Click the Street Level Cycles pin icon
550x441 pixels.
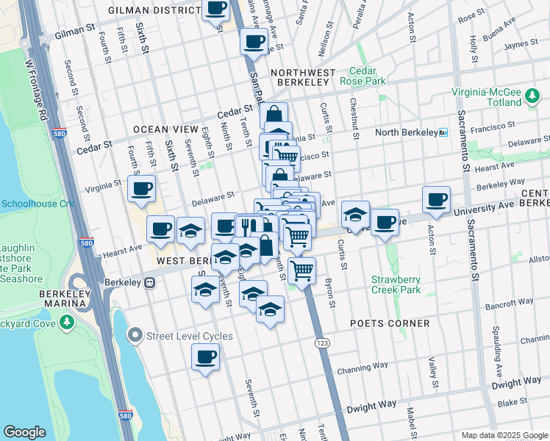click(135, 337)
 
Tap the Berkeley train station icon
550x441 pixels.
click(149, 282)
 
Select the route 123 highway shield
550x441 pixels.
click(321, 343)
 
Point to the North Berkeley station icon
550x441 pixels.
click(443, 132)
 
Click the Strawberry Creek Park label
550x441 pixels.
click(396, 284)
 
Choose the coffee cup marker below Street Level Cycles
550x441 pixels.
click(205, 358)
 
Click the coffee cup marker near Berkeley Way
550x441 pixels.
click(436, 199)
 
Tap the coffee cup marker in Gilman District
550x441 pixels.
click(216, 9)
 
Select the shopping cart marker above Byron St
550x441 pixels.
click(302, 270)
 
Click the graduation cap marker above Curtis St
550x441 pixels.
click(355, 215)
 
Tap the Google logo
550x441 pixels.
click(24, 432)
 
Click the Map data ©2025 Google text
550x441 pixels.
click(503, 435)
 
